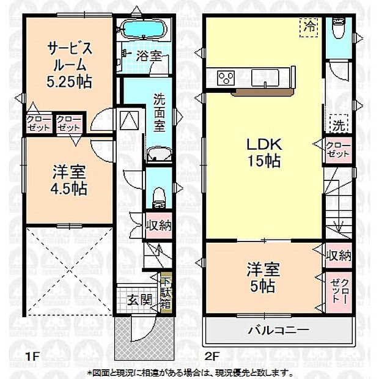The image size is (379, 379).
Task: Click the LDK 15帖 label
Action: (x=263, y=153)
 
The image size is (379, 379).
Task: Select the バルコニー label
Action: (x=278, y=331)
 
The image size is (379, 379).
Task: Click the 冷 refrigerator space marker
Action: (x=311, y=27)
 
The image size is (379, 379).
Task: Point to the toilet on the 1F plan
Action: (x=158, y=194)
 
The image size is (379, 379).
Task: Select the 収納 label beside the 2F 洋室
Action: (x=338, y=254)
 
